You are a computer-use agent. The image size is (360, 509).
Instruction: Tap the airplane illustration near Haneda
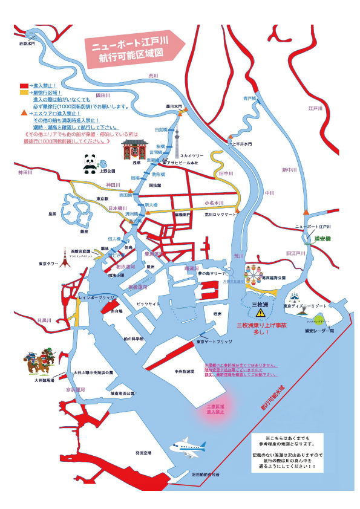[188, 447]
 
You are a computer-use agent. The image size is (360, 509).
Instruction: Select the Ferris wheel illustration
[253, 277]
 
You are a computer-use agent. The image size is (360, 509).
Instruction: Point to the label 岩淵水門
[28, 44]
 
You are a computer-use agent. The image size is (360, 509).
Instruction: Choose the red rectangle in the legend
[24, 86]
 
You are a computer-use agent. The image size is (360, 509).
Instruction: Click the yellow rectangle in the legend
[24, 92]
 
